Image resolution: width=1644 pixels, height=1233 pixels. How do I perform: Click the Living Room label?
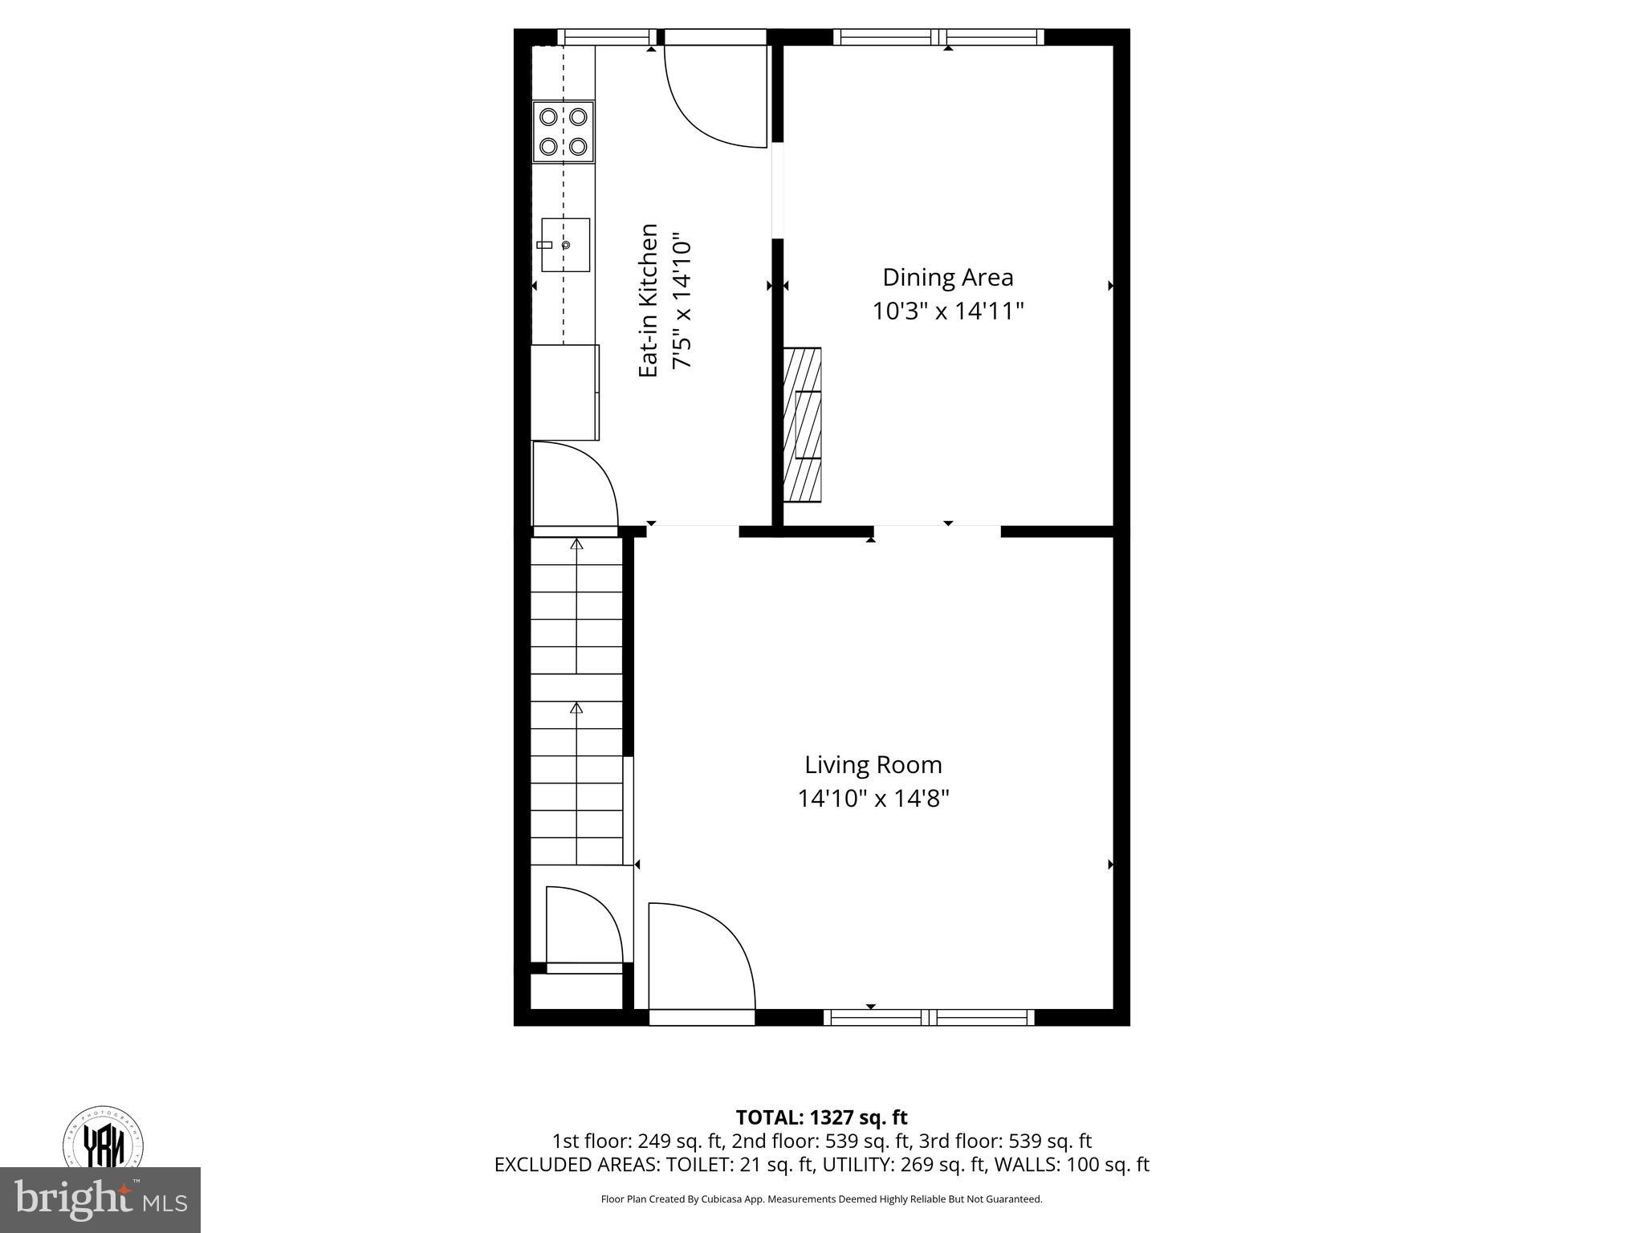(873, 764)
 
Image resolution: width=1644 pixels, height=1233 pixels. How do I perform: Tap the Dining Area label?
(947, 277)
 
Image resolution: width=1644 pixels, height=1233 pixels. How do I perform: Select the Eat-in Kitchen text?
(649, 300)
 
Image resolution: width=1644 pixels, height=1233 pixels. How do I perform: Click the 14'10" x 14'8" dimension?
(873, 799)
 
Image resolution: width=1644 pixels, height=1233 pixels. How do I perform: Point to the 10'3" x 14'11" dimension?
(947, 311)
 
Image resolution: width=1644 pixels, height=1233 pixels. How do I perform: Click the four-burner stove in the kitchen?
(563, 131)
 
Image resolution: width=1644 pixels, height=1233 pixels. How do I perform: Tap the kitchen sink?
(565, 245)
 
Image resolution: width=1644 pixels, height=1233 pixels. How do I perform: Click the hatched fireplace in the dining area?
(802, 425)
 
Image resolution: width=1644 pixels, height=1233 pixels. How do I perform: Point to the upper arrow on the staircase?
(576, 543)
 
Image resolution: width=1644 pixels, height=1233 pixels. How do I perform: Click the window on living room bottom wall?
(929, 1018)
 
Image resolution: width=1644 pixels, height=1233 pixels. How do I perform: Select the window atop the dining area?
(938, 37)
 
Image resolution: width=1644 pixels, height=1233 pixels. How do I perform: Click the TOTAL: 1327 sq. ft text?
(821, 1117)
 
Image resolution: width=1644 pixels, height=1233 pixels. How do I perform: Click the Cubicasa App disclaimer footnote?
(821, 1199)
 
